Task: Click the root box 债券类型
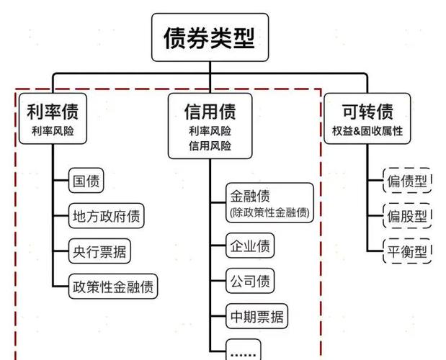pyautogui.click(x=210, y=37)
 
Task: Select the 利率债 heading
pyautogui.click(x=53, y=112)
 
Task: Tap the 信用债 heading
pyautogui.click(x=210, y=112)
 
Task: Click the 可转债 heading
pyautogui.click(x=367, y=112)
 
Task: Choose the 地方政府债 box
pyautogui.click(x=106, y=215)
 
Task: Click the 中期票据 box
pyautogui.click(x=256, y=315)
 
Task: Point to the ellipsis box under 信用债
pyautogui.click(x=244, y=351)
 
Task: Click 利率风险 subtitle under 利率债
pyautogui.click(x=53, y=131)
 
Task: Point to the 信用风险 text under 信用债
pyautogui.click(x=210, y=145)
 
